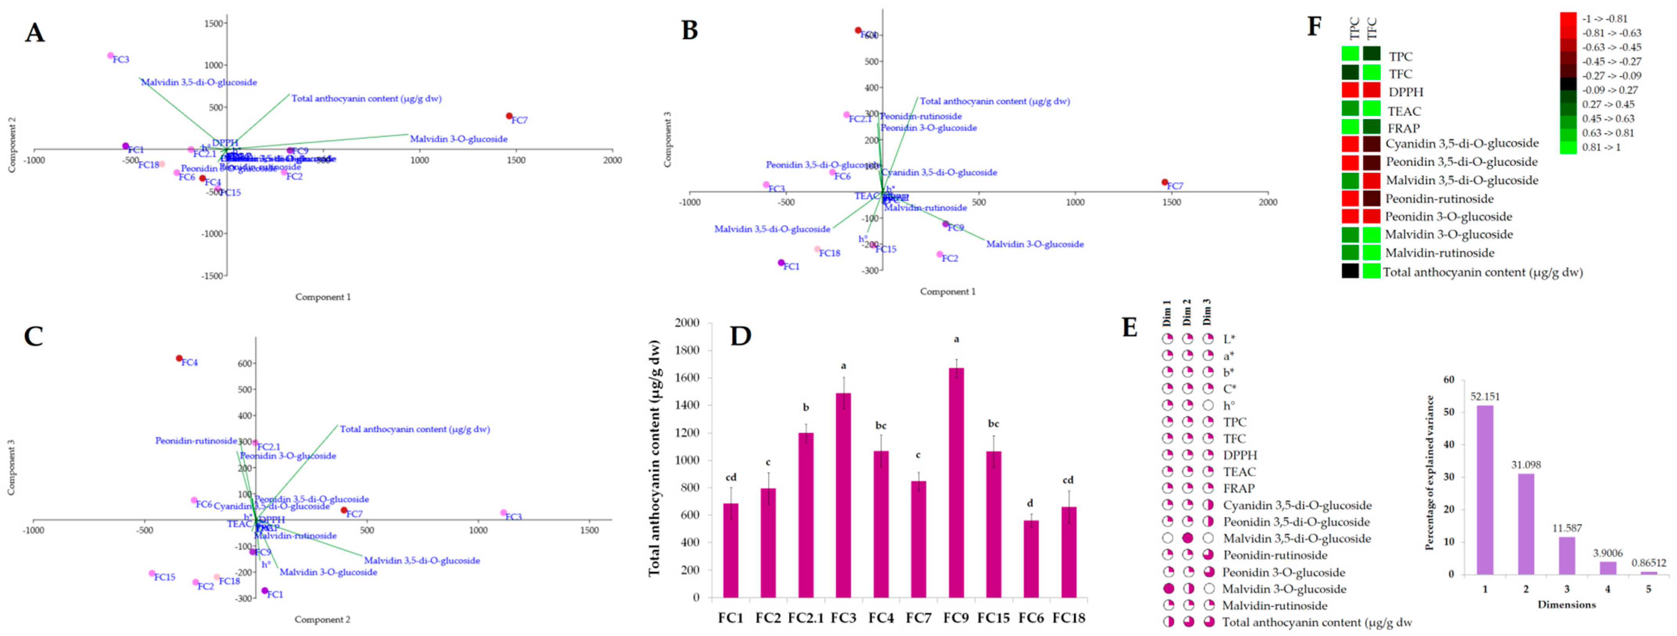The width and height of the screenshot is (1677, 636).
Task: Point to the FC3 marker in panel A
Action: coord(111,56)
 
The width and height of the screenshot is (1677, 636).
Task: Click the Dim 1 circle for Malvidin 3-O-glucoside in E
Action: coord(1168,588)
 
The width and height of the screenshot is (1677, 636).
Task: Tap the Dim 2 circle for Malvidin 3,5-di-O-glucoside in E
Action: coord(1188,538)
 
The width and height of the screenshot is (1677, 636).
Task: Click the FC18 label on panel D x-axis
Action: coord(1068,618)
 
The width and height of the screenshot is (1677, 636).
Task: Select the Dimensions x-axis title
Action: coord(1566,605)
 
